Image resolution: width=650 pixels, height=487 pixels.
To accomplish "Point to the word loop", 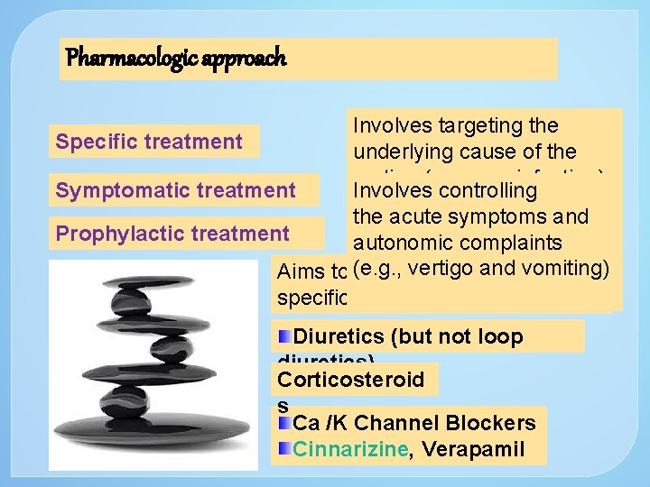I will [495, 336].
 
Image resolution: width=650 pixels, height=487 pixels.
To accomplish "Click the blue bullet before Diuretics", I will [284, 336].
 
